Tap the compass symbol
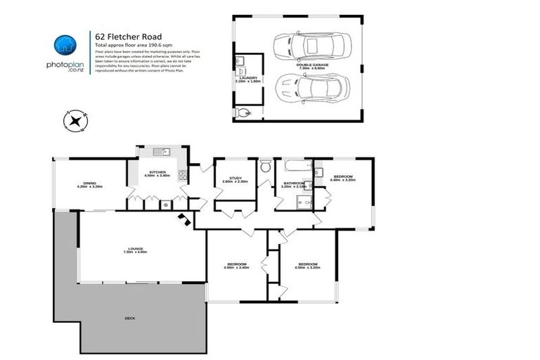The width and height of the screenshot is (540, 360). coord(73,121)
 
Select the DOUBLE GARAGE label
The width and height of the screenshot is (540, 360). coord(316,64)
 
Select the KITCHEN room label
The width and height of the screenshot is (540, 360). coord(157,173)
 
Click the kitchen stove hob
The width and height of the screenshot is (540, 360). coord(184,174)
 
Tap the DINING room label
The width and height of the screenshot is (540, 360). coord(90,186)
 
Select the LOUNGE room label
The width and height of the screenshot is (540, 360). coord(133,250)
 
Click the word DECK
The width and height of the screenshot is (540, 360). coord(129,319)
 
